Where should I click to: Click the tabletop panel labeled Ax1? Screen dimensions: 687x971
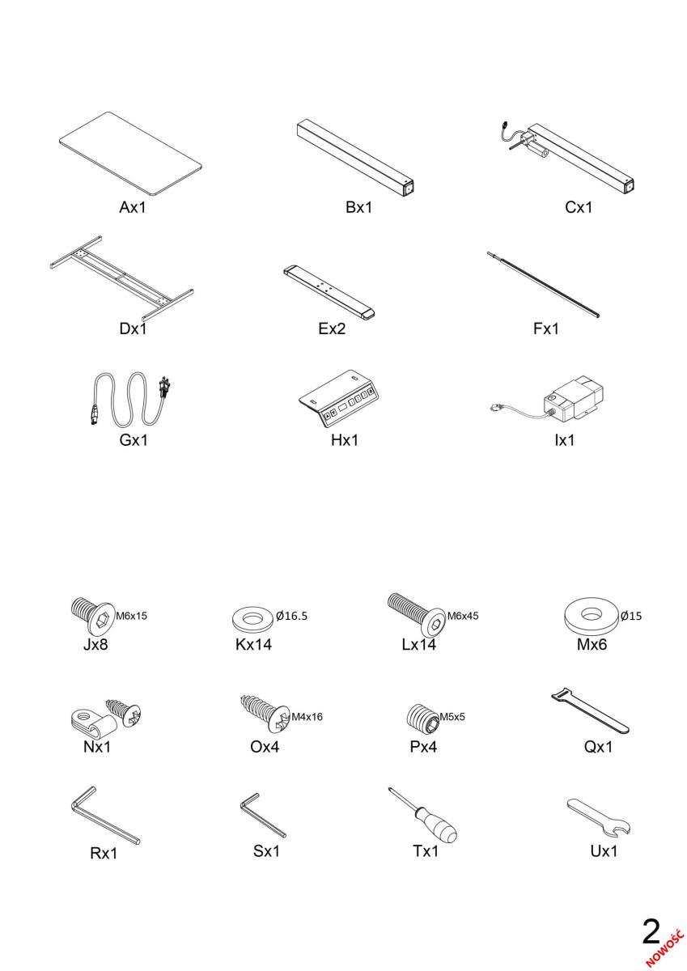pos(130,153)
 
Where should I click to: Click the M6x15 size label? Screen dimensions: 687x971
pos(131,616)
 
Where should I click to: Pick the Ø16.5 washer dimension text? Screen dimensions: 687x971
pos(291,616)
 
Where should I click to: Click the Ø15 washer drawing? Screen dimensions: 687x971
pos(591,616)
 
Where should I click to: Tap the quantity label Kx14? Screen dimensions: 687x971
pos(253,644)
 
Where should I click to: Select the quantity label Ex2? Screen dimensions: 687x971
pos(332,329)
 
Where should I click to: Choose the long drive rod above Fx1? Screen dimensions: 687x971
pos(543,284)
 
